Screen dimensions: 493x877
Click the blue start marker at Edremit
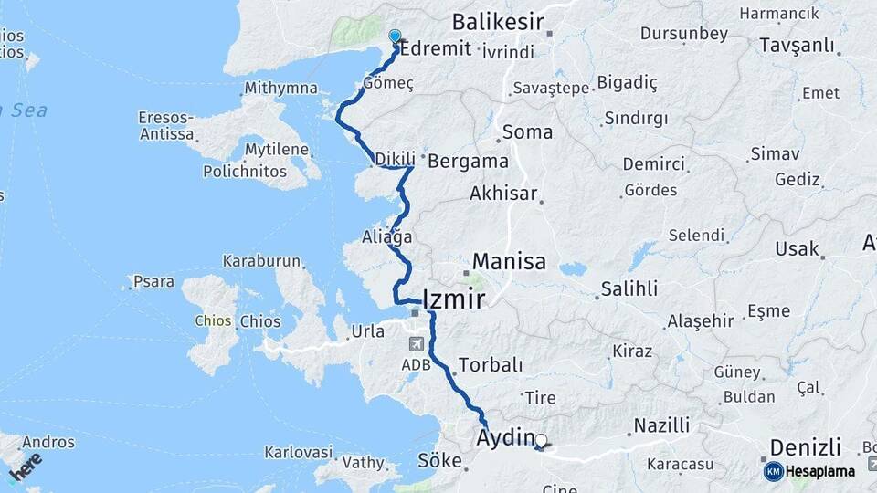tap(395, 37)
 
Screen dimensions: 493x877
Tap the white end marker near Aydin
tap(541, 442)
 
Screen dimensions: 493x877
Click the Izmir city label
tap(454, 299)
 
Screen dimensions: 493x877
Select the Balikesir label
tap(497, 22)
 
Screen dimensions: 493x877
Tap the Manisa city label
tap(509, 262)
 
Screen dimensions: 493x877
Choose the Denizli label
tap(805, 447)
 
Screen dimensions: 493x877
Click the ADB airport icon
tap(417, 344)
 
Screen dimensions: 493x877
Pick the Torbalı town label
tap(491, 365)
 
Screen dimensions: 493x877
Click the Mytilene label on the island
tap(280, 149)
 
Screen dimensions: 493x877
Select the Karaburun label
tap(261, 261)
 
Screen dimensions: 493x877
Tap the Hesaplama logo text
tap(820, 471)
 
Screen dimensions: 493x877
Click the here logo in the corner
tap(26, 467)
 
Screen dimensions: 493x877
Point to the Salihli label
tap(629, 289)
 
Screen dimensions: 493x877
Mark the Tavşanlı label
tap(799, 46)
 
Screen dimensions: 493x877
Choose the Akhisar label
tap(503, 194)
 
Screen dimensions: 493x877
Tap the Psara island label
tap(153, 282)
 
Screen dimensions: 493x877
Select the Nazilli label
tap(661, 425)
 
